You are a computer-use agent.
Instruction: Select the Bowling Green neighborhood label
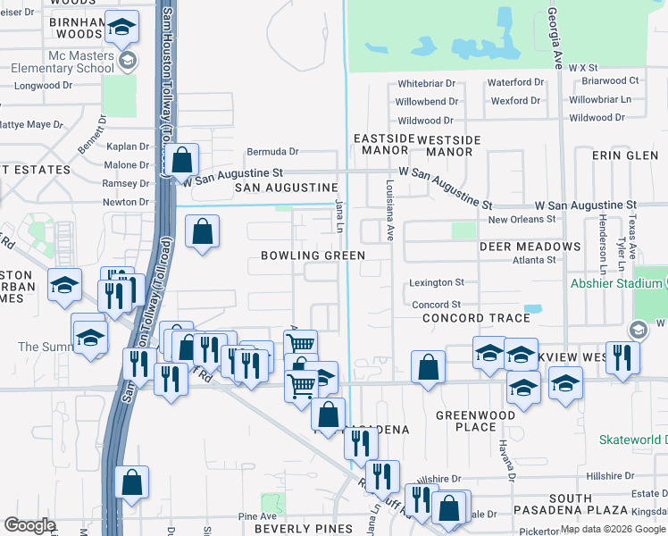[313, 255]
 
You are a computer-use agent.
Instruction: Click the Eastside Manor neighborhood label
[384, 145]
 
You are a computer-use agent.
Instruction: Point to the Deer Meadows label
[530, 246]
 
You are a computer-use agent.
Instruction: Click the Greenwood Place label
[475, 421]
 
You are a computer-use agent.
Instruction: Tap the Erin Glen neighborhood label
[624, 155]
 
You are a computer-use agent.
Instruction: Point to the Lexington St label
[437, 282]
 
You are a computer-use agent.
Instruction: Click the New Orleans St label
[522, 219]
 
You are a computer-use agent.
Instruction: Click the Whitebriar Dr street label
[427, 83]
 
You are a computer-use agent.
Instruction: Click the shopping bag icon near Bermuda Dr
[182, 161]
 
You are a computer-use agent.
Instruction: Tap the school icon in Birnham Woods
[121, 29]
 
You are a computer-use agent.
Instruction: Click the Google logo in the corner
[29, 525]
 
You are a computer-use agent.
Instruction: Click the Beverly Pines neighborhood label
[304, 529]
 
